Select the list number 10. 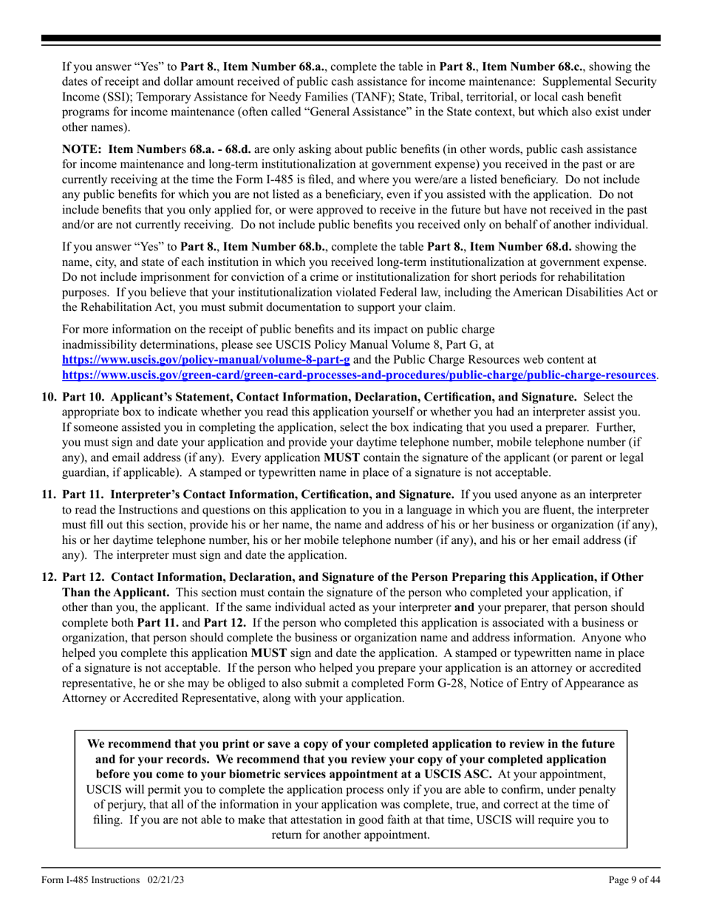tap(49, 397)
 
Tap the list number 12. tap(49, 576)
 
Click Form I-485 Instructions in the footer tap(90, 879)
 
